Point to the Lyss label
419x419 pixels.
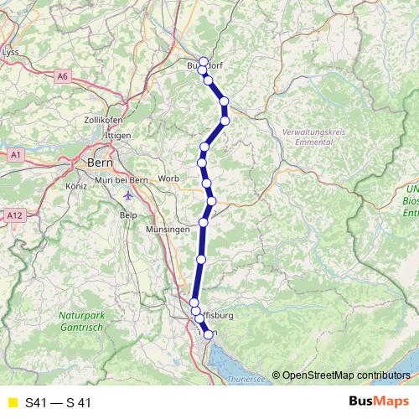coord(11,52)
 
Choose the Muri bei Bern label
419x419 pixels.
coord(122,179)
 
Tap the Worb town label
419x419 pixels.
coord(168,178)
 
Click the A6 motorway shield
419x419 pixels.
coord(63,76)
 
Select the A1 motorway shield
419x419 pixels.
coord(14,155)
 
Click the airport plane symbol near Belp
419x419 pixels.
coord(127,196)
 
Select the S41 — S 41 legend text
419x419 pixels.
coord(58,402)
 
